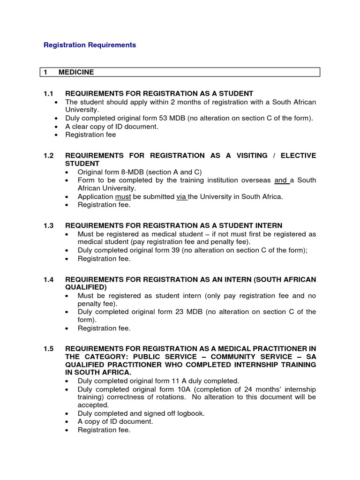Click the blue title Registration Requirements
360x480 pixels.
point(90,45)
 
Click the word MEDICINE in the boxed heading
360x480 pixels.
point(76,72)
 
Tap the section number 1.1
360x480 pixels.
point(49,94)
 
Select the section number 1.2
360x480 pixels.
point(49,155)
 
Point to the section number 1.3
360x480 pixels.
point(49,226)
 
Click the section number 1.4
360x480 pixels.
point(49,279)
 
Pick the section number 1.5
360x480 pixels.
point(49,348)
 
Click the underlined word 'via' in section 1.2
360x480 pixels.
point(181,196)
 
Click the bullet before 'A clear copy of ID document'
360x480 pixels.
point(56,127)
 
